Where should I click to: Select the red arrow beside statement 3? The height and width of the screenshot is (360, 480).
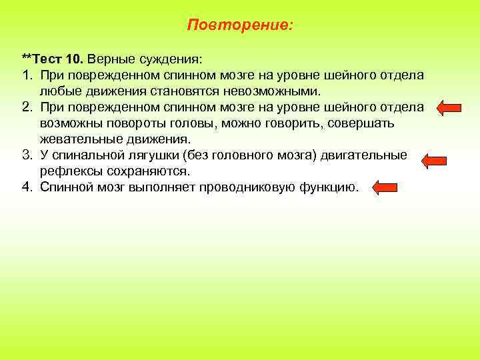(x=435, y=159)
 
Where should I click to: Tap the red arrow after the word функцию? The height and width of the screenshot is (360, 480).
(x=385, y=188)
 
